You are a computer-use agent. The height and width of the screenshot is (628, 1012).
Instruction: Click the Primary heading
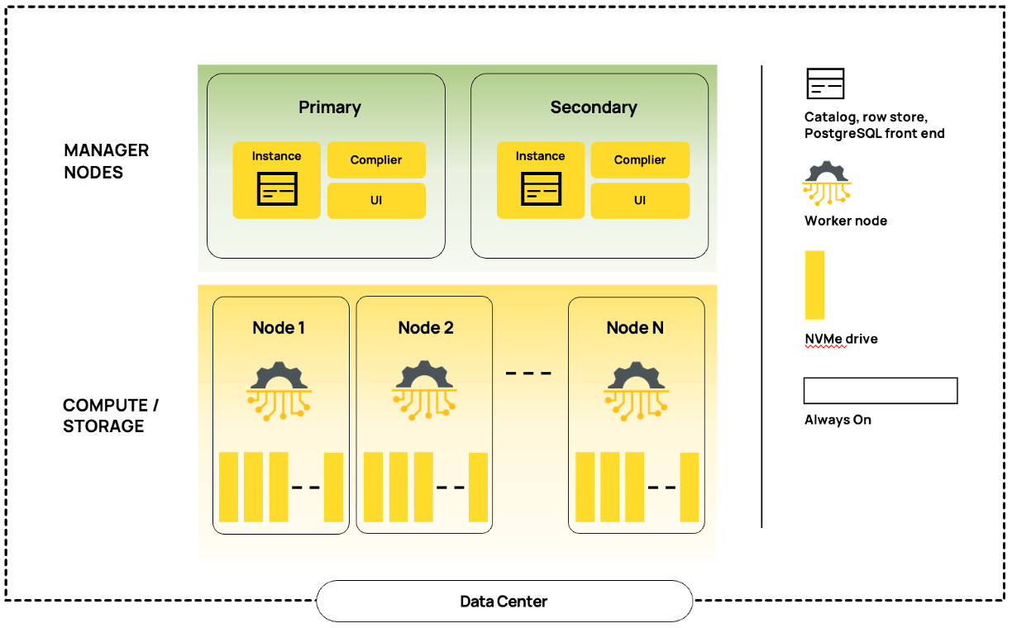(329, 107)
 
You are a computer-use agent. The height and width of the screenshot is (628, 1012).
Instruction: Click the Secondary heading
(594, 107)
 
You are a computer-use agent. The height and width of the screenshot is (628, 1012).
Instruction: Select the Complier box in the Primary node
(376, 160)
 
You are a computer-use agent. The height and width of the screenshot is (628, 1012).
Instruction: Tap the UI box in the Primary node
(376, 201)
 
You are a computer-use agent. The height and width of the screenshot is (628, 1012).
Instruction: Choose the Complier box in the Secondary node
(640, 160)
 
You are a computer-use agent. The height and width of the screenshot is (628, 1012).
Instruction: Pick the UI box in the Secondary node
(640, 201)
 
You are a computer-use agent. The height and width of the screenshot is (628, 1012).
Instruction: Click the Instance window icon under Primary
(277, 189)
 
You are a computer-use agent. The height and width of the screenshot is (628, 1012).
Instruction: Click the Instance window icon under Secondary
(541, 189)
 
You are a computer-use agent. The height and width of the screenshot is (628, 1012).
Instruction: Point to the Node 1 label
(279, 328)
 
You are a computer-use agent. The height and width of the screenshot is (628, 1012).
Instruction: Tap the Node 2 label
(425, 328)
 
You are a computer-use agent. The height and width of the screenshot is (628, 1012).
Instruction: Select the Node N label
(635, 328)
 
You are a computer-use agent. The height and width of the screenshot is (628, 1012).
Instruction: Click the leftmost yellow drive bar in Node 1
(228, 487)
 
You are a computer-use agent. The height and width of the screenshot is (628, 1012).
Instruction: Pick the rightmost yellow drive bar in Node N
(689, 487)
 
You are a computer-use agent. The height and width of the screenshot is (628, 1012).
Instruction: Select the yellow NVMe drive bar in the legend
(814, 284)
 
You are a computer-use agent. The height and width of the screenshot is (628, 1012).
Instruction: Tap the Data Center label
(504, 602)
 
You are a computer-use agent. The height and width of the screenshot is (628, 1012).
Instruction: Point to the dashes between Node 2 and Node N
(528, 373)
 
